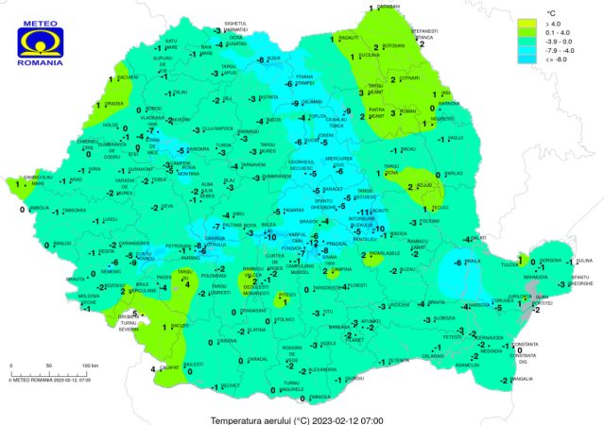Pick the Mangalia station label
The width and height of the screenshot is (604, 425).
(522, 380)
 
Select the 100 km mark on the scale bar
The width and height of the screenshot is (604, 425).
(90, 365)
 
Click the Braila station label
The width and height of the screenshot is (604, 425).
(473, 262)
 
